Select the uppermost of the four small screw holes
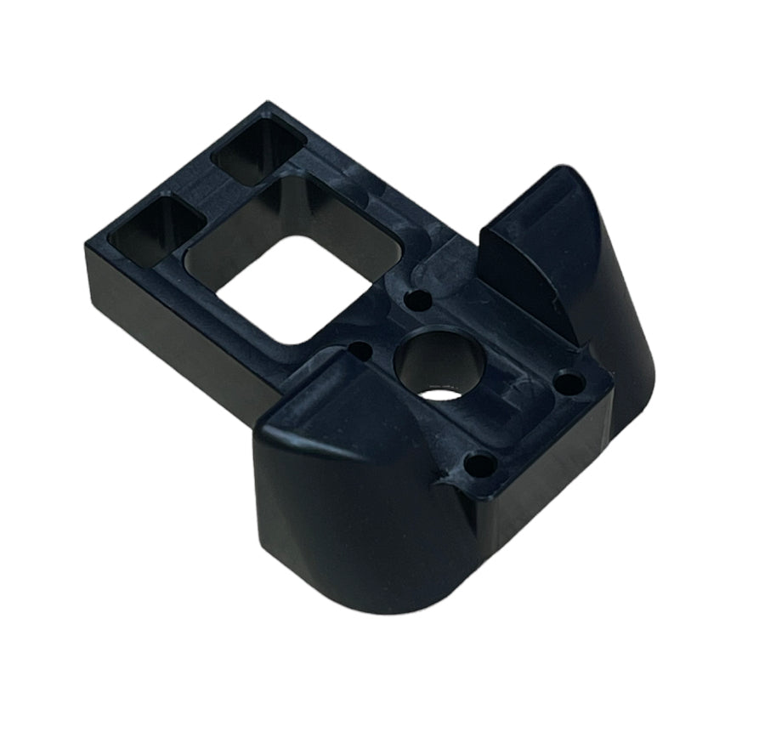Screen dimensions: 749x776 tap(416, 299)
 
